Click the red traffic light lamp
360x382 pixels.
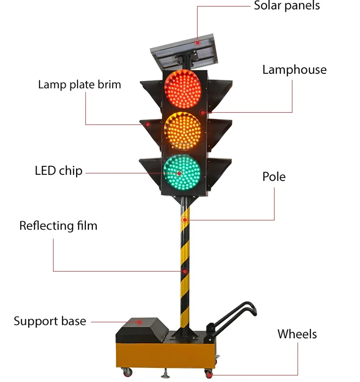182,89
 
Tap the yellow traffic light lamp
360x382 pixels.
182,131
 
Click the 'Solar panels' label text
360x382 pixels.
287,6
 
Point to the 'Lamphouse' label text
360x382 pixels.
294,70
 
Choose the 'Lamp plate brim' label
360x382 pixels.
79,85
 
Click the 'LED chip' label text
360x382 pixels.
59,171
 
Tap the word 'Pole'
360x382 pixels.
274,177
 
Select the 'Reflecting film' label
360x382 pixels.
58,226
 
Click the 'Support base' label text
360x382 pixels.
50,321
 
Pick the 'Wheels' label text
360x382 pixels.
297,334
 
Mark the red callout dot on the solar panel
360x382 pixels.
198,42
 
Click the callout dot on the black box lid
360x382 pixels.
139,322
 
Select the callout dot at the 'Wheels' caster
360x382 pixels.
209,374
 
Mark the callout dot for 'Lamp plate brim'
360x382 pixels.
147,125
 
